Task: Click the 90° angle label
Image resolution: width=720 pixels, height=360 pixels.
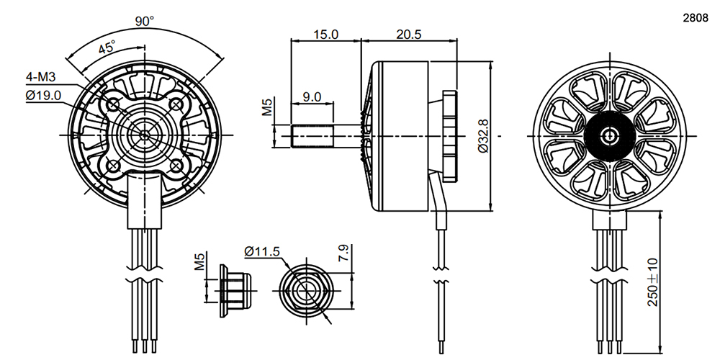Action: [x=145, y=21]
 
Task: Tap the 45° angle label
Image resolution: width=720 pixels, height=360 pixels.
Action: [x=107, y=48]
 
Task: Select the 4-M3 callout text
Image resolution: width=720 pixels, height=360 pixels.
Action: [x=40, y=77]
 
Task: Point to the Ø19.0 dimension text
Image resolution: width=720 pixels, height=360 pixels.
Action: [x=44, y=96]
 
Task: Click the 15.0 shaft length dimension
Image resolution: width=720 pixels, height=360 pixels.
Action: [x=325, y=35]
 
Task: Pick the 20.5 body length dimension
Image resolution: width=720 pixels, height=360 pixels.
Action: [x=409, y=35]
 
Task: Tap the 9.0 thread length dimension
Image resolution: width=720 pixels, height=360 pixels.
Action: [x=312, y=97]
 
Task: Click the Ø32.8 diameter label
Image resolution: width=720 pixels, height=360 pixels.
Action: [x=482, y=136]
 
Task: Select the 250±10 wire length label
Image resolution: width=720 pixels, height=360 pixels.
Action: [x=652, y=282]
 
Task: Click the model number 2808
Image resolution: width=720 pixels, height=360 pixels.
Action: [x=696, y=19]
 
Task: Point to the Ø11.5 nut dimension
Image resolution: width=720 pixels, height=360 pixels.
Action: [x=262, y=251]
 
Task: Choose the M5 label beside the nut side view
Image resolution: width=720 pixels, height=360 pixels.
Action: [x=199, y=260]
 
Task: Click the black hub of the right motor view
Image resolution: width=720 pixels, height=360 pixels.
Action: [x=610, y=136]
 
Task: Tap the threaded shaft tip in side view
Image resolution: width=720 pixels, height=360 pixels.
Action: [x=312, y=136]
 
